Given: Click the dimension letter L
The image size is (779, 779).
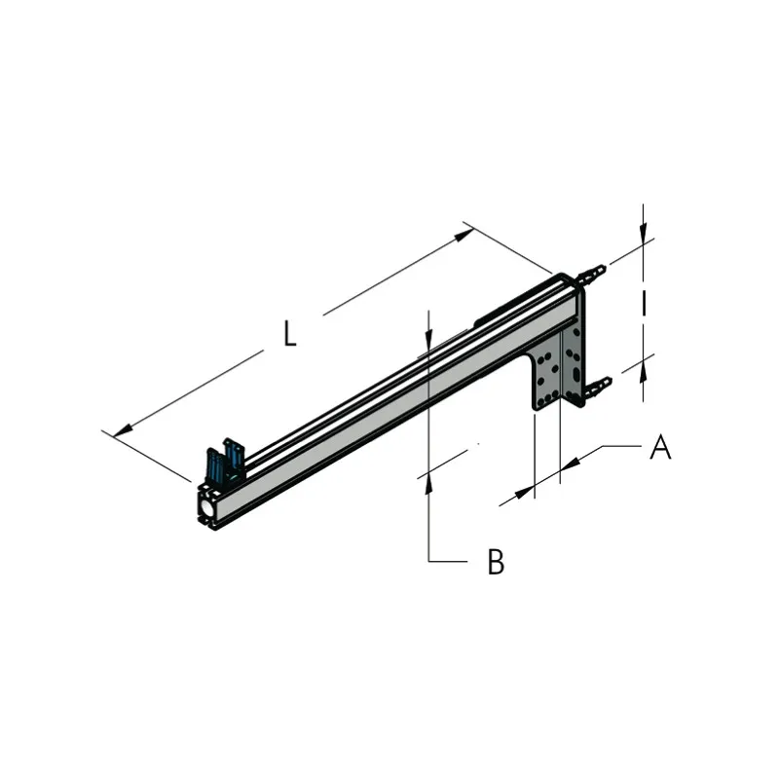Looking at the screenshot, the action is (289, 333).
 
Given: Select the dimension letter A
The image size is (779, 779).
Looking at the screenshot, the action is (660, 446).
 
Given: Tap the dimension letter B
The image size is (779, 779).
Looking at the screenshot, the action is (496, 562).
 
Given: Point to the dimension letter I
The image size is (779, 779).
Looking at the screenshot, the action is (644, 303).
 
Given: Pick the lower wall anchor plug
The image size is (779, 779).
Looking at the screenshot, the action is (599, 387).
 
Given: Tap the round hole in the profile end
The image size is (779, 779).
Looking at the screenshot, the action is (206, 506).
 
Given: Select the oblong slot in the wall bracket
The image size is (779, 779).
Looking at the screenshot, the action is (575, 374).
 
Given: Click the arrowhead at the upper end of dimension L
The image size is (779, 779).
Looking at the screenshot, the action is (464, 235).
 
